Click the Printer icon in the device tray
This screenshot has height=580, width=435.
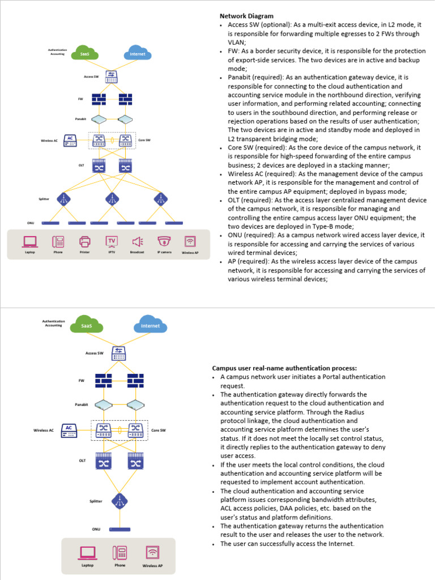pyautogui.click(x=85, y=242)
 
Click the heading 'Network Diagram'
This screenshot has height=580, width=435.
pyautogui.click(x=246, y=16)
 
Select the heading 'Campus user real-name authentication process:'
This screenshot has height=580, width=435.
pyautogui.click(x=284, y=368)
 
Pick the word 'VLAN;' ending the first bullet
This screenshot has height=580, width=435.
pyautogui.click(x=237, y=42)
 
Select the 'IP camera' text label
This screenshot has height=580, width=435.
pyautogui.click(x=164, y=252)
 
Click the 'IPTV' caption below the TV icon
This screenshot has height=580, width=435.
pyautogui.click(x=111, y=252)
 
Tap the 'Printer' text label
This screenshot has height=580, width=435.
pyautogui.click(x=85, y=252)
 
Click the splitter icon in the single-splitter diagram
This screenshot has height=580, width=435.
pyautogui.click(x=119, y=501)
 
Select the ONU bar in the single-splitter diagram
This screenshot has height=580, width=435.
pyautogui.click(x=119, y=528)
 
